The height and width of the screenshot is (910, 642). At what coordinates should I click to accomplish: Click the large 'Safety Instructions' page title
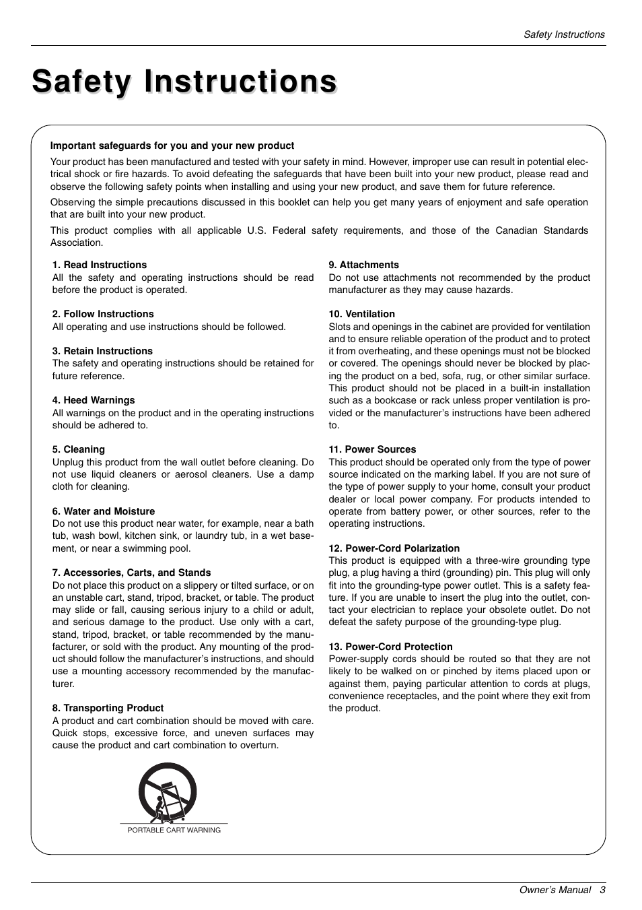[x=184, y=82]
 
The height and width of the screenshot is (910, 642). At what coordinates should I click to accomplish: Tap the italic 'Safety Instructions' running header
[x=564, y=34]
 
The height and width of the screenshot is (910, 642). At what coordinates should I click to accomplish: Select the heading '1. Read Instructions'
[x=100, y=265]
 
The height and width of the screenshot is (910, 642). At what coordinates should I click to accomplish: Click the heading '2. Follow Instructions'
[x=103, y=314]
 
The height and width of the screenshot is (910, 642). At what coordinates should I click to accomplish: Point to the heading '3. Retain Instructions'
[x=102, y=351]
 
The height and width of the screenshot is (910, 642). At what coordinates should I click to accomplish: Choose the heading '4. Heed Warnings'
[x=94, y=400]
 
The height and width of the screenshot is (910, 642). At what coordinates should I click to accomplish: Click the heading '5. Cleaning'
[x=79, y=449]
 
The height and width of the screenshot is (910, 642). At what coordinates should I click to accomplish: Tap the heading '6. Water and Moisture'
[x=104, y=511]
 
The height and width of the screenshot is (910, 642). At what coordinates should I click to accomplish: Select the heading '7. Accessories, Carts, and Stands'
[x=132, y=573]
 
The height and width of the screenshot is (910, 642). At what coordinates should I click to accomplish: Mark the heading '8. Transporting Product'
[x=108, y=708]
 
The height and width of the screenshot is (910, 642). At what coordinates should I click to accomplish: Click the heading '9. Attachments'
[x=363, y=265]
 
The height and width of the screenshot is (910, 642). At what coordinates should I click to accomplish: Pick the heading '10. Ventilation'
[x=361, y=314]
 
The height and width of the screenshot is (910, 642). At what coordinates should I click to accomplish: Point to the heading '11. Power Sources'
[x=372, y=449]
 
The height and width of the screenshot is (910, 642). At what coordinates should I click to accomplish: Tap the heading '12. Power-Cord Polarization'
[x=394, y=548]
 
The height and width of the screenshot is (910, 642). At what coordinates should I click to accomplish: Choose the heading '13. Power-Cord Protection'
[x=390, y=647]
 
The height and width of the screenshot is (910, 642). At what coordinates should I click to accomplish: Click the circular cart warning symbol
[x=168, y=792]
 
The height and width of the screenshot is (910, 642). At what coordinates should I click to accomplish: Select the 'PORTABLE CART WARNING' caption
[x=174, y=830]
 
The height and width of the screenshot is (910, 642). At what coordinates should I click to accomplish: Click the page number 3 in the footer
[x=603, y=890]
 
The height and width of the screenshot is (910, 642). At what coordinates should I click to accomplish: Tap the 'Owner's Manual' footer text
[x=555, y=890]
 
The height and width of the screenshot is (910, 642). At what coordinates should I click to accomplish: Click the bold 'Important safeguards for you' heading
[x=172, y=145]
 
